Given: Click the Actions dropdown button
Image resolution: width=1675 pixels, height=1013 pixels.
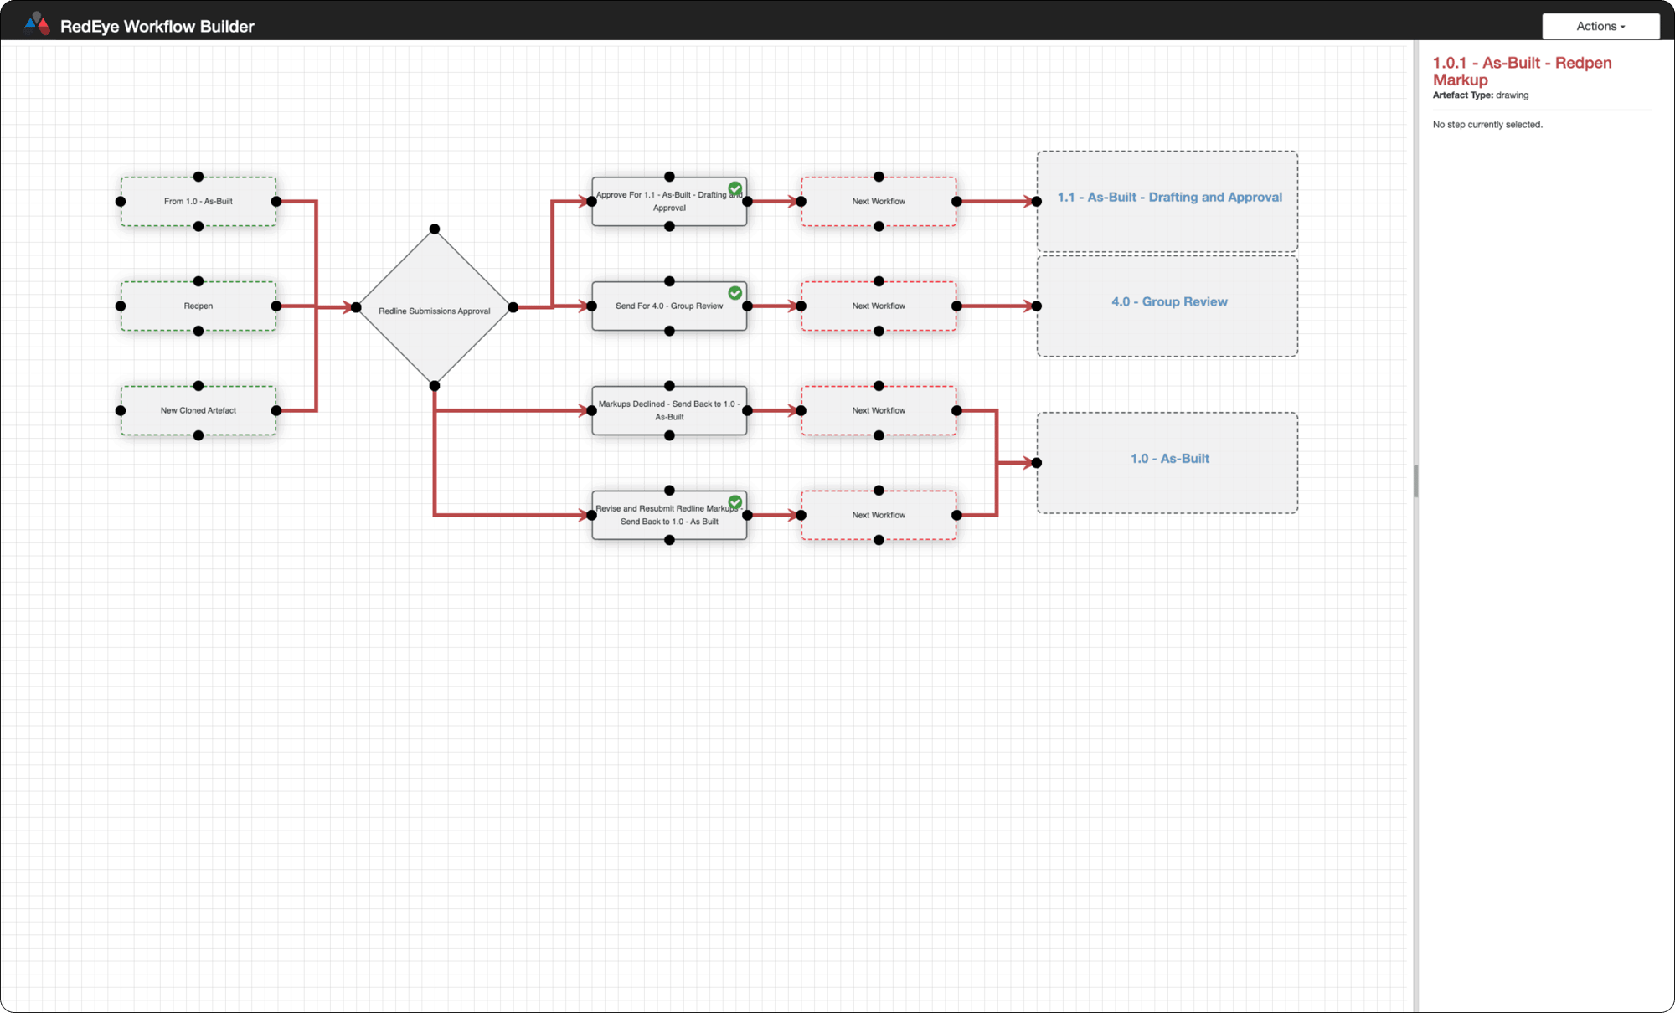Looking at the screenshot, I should (x=1600, y=26).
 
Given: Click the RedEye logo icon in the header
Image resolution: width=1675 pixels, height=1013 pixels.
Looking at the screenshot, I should (x=38, y=23).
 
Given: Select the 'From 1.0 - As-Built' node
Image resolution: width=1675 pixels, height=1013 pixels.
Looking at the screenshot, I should (x=198, y=201).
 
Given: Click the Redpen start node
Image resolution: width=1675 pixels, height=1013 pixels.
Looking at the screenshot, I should (x=198, y=306).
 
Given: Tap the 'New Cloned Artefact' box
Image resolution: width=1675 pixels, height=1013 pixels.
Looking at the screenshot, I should (x=198, y=410).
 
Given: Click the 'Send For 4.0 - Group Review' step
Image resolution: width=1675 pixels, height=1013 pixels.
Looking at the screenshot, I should (x=668, y=306).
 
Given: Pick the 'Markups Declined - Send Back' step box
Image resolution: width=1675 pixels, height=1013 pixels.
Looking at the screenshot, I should (x=668, y=410).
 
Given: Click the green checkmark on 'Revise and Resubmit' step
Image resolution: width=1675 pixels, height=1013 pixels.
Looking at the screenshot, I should (x=734, y=502).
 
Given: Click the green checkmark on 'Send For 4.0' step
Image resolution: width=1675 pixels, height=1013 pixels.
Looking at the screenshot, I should (x=734, y=293).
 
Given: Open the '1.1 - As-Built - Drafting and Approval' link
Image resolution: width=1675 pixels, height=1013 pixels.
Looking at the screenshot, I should (x=1169, y=198).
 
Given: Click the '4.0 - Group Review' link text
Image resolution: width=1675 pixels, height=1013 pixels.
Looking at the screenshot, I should (x=1169, y=302).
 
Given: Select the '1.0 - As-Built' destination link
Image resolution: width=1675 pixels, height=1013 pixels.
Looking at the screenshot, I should (x=1169, y=459).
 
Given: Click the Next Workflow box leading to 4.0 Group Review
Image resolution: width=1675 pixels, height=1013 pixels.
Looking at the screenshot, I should (x=878, y=306).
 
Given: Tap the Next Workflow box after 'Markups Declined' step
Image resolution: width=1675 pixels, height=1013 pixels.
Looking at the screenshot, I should (x=878, y=410).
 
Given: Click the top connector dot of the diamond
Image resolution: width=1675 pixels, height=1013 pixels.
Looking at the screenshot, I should (x=434, y=229).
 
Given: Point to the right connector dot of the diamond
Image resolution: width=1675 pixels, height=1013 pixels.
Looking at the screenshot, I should (x=513, y=307).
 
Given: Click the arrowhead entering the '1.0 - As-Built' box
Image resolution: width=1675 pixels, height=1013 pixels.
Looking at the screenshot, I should (x=1028, y=462).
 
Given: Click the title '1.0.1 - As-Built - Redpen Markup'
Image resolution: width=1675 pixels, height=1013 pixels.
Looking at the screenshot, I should (x=1521, y=71).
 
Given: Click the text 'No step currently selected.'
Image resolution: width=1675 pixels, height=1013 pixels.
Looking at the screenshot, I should (x=1487, y=125).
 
